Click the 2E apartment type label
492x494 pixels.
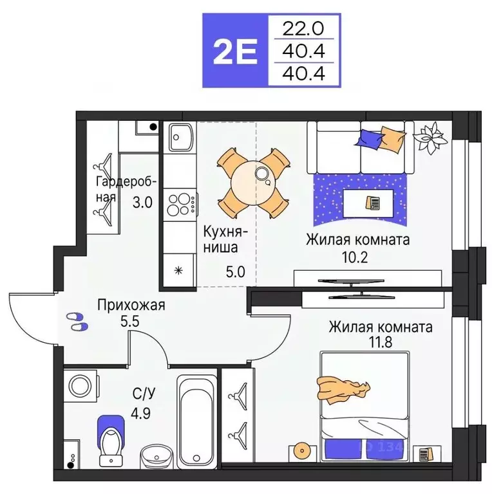point(234,51)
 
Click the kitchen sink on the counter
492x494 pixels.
point(178,136)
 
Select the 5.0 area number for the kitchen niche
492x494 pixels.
point(235,271)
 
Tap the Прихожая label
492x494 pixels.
point(131,305)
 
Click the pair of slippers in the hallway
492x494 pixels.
point(77,321)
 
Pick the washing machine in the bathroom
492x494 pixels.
point(82,387)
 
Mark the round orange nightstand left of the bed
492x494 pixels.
point(300,450)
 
